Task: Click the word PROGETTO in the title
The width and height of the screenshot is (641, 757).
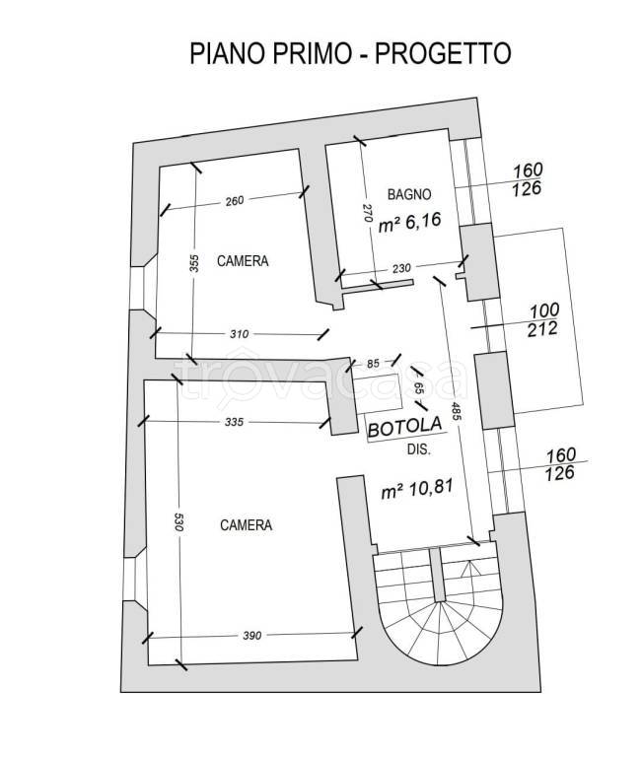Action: pos(443,53)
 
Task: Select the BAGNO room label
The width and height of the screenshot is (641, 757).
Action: pos(409,194)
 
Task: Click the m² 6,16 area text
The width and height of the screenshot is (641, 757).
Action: pos(409,223)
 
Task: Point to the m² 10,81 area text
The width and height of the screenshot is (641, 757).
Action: pos(417,489)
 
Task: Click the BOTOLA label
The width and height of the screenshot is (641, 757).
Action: pos(404,427)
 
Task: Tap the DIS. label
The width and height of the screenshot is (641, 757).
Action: pos(419,449)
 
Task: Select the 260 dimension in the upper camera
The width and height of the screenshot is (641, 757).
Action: pos(235,200)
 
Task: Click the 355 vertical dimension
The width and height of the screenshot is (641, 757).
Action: pos(193,263)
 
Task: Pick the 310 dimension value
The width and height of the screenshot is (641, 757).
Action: pos(239,334)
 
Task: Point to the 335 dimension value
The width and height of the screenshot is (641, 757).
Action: pos(234,422)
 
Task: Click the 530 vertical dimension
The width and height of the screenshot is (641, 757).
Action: pos(178,522)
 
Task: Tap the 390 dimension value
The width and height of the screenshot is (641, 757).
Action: pos(252,636)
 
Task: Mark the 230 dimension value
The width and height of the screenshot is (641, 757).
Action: pos(401,268)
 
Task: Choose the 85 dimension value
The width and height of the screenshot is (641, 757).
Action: pos(373,363)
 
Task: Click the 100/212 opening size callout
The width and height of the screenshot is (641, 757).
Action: pos(544,319)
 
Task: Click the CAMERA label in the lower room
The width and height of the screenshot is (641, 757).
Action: pos(246,524)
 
